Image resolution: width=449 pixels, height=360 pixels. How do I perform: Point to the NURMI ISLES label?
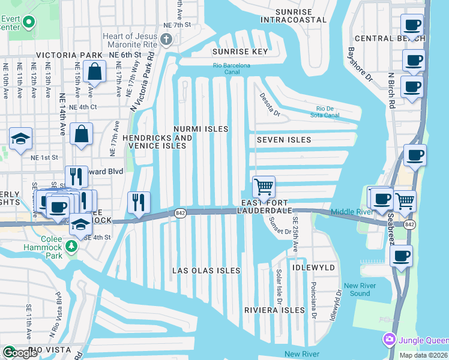point(201,129)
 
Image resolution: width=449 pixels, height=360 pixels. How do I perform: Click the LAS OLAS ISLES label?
point(206,271)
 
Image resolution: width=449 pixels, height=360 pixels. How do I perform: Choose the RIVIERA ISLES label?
point(275,310)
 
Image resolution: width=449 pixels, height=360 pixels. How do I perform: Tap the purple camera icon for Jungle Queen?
point(389,340)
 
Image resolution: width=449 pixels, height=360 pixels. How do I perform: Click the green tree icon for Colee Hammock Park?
point(71,246)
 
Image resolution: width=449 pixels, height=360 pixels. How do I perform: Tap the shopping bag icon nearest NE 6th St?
point(95,72)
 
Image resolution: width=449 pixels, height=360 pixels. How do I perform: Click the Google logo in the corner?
point(20,353)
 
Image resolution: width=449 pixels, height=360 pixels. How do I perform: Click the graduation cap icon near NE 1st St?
point(20,139)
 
